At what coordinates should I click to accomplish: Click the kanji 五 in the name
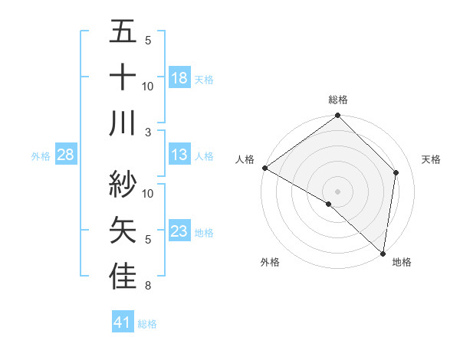[x=123, y=32]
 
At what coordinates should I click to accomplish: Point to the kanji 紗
[x=123, y=185]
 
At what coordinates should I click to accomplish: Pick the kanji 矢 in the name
[x=123, y=230]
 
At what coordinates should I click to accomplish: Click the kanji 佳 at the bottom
[x=123, y=276]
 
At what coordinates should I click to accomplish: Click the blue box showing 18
[x=179, y=78]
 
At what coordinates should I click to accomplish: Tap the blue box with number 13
[x=179, y=155]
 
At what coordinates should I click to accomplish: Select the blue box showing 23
[x=179, y=231]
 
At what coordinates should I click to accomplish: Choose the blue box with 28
[x=66, y=155]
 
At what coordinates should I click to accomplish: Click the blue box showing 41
[x=123, y=323]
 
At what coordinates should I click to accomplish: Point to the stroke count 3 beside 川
[x=148, y=132]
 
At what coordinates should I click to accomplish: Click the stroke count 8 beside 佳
[x=148, y=286]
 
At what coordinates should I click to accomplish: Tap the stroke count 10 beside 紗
[x=148, y=193]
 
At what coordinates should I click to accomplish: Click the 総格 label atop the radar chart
[x=338, y=100]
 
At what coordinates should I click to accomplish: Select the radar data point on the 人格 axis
[x=264, y=168]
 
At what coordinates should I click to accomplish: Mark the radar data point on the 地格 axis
[x=383, y=253]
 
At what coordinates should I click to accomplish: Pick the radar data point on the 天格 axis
[x=396, y=172]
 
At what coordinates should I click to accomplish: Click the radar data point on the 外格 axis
[x=329, y=205]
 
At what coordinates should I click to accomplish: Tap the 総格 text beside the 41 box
[x=147, y=324]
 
